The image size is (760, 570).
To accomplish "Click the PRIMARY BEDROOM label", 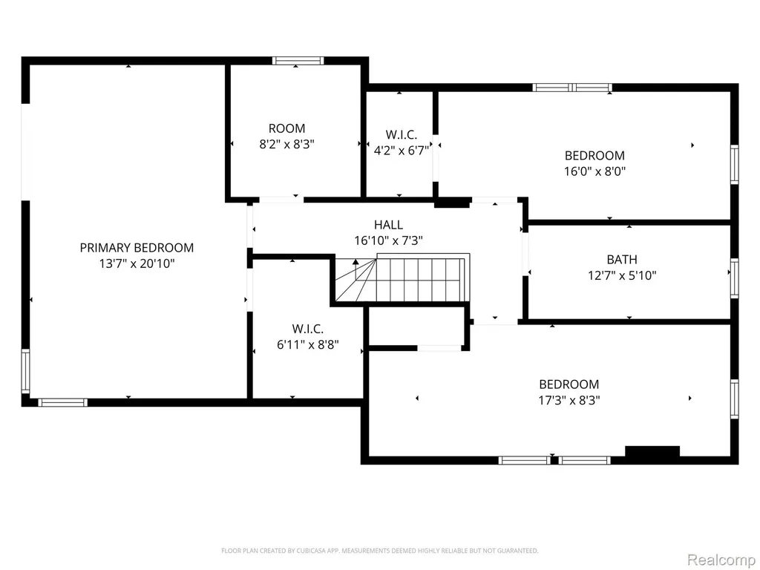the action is (137, 248).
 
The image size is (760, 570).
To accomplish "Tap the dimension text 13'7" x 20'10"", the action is (137, 263).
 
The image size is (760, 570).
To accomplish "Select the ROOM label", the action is (287, 128).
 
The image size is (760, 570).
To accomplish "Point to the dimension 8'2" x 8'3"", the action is (287, 144).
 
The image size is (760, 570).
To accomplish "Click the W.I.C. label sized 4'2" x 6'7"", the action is (402, 134).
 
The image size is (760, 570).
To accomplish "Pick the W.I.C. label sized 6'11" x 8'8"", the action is (308, 329).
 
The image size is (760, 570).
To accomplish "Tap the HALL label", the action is (388, 224).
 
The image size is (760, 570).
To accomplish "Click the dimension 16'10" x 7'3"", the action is (388, 240).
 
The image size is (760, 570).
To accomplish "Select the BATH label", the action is (622, 259).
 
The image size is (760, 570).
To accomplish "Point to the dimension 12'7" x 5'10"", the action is (622, 275).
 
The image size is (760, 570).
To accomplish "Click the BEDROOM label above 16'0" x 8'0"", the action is (594, 156).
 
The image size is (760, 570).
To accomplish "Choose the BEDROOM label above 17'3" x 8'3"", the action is (569, 384).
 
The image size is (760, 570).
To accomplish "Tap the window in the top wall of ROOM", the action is (298, 61).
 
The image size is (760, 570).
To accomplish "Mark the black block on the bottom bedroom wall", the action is (652, 451).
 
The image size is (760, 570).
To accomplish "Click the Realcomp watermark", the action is (721, 560).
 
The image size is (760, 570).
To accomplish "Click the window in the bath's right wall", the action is (735, 278).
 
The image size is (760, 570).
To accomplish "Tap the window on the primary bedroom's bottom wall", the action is (63, 402).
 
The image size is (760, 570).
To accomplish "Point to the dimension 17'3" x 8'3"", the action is (569, 400).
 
